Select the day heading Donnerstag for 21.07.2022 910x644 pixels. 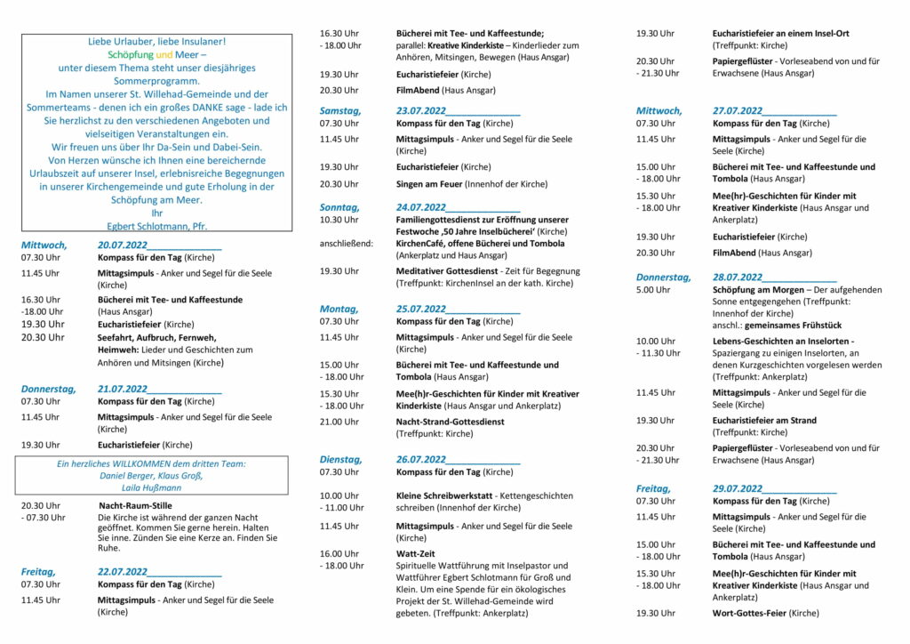tap(48, 389)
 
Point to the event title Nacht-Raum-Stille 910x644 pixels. tap(135, 505)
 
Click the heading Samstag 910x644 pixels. tap(340, 110)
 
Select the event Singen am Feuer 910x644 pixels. tap(429, 184)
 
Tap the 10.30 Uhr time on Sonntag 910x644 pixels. tap(339, 219)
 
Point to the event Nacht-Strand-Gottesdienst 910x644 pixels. tap(451, 422)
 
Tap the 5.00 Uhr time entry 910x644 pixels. tap(653, 290)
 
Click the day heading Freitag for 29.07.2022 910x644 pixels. tap(653, 488)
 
